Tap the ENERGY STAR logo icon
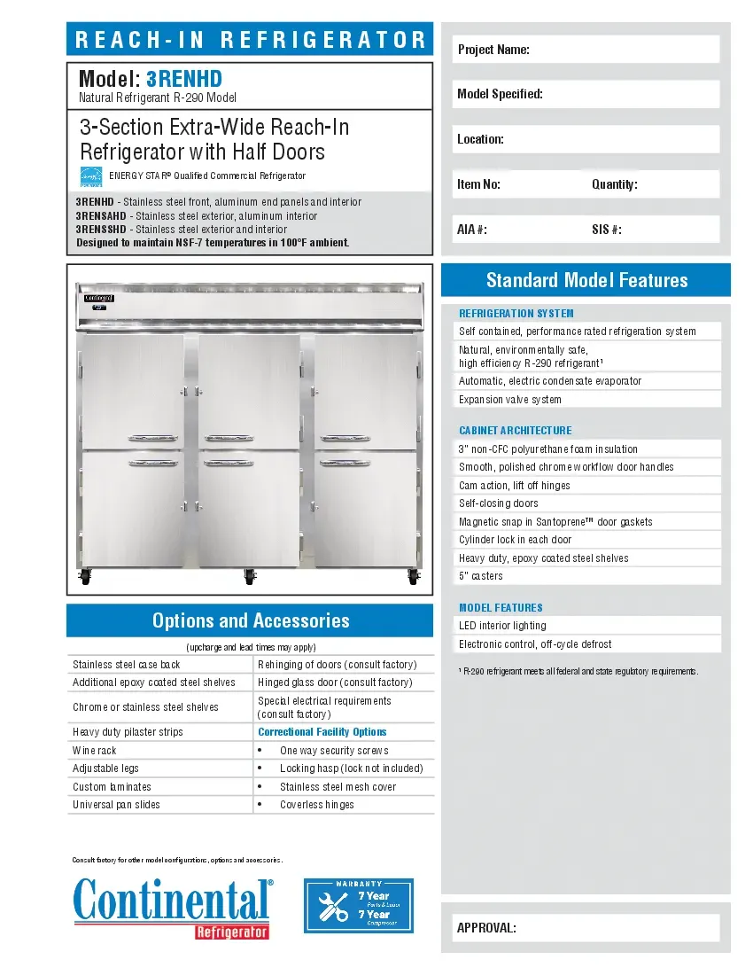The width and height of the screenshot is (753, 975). click(91, 176)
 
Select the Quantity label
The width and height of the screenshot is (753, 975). click(614, 184)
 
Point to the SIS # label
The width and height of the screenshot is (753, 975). click(606, 230)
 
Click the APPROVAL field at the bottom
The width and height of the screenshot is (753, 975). click(586, 928)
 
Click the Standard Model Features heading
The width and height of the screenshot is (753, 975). click(586, 280)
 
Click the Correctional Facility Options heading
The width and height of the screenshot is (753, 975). click(322, 732)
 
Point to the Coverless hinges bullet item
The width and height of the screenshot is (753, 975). click(316, 805)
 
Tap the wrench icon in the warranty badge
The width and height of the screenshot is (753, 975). click(333, 906)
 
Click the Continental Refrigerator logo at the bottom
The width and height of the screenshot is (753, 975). click(173, 906)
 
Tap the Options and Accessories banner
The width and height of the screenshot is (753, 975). click(250, 620)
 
